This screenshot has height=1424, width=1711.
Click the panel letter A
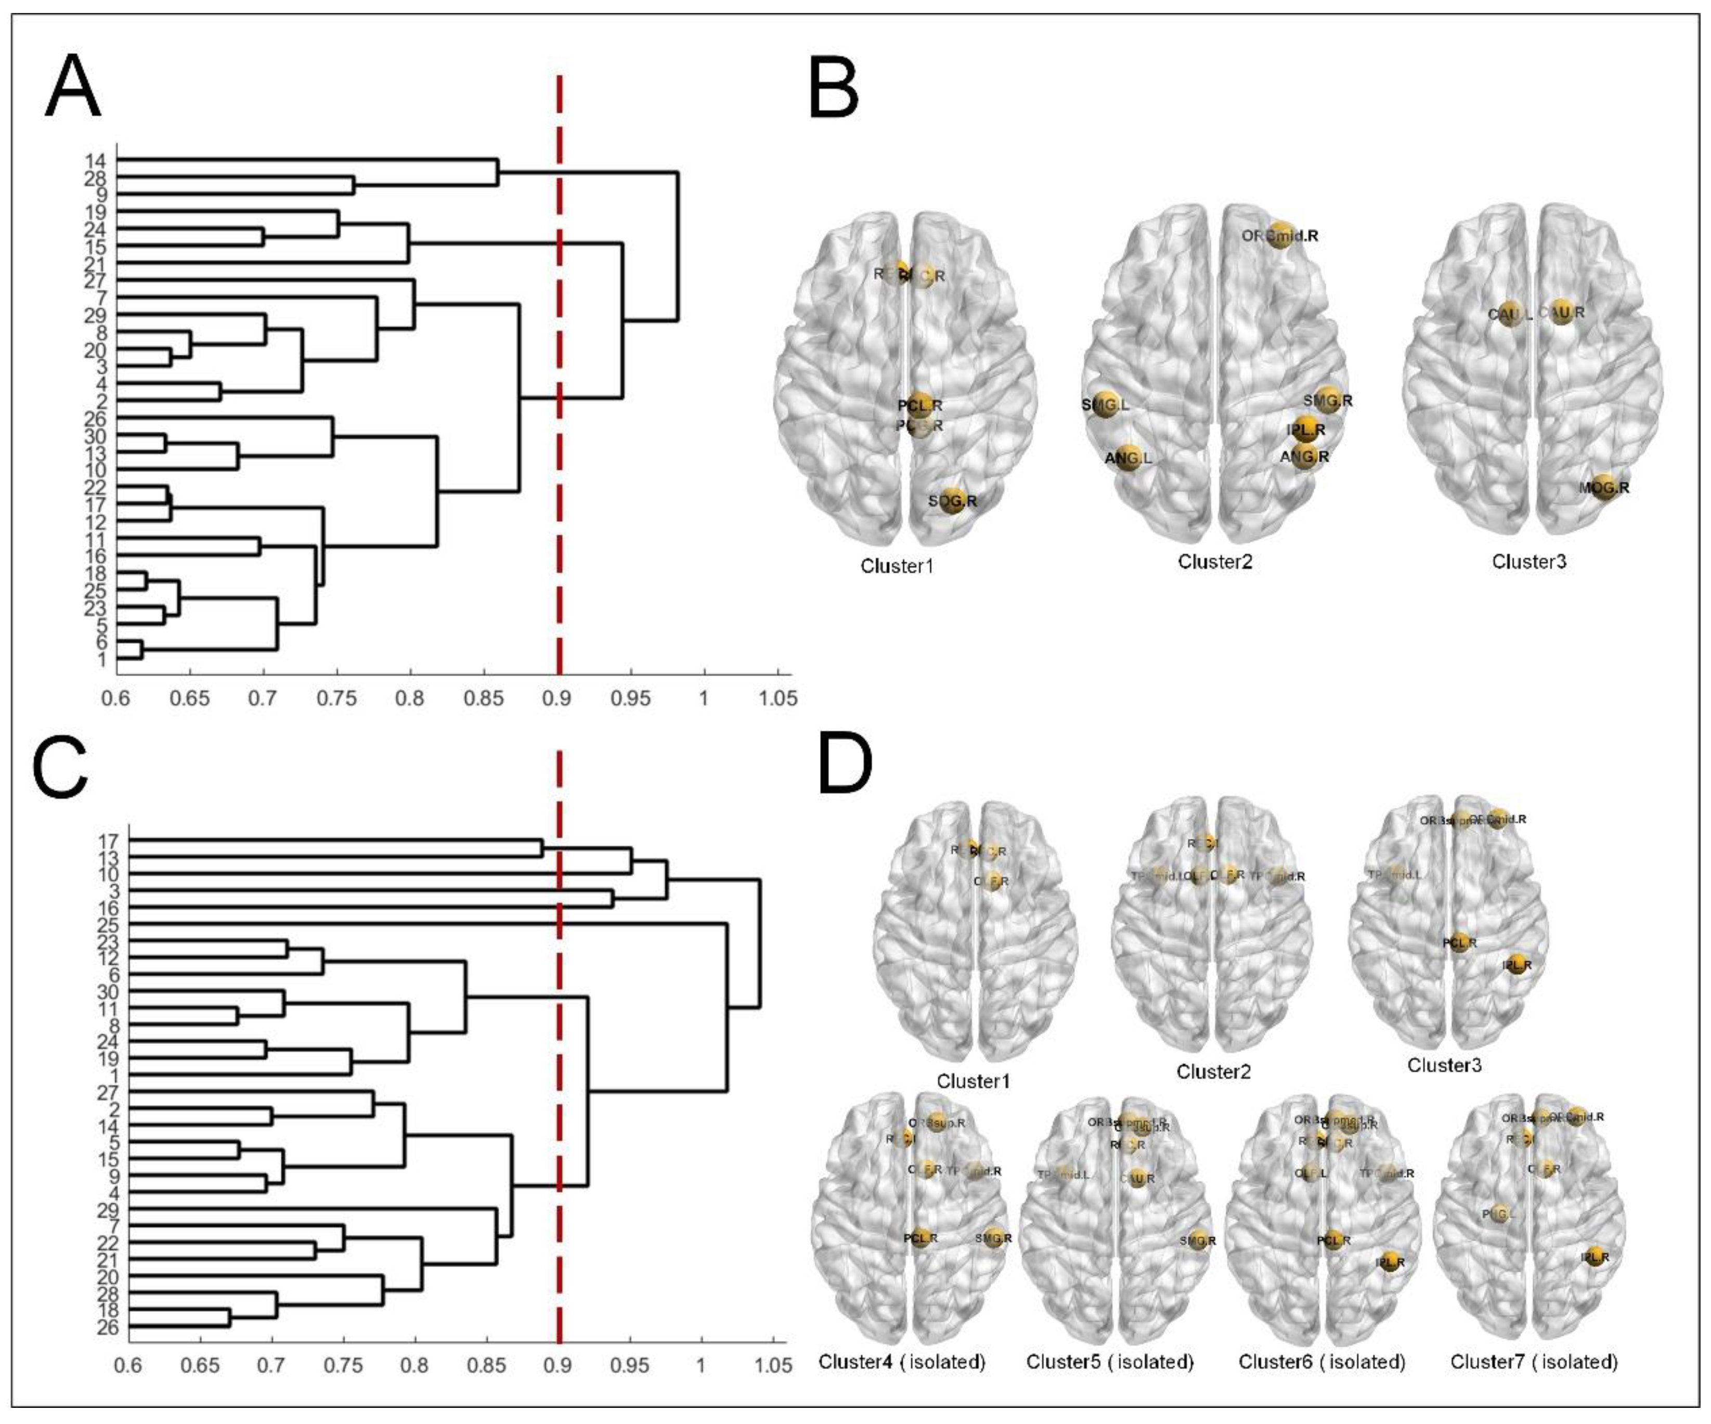(73, 88)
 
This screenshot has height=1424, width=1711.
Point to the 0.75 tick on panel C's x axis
(343, 1365)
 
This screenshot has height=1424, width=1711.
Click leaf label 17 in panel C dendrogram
(108, 840)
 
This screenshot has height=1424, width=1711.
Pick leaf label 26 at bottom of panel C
(108, 1328)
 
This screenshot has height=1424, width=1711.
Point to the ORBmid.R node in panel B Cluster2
(1280, 235)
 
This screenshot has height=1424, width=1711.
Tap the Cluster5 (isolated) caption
(1110, 1361)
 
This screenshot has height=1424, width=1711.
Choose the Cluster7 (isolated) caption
(1533, 1361)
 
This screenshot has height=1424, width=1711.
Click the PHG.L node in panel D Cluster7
(1498, 1214)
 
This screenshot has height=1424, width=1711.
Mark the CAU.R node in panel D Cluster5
(1137, 1178)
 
